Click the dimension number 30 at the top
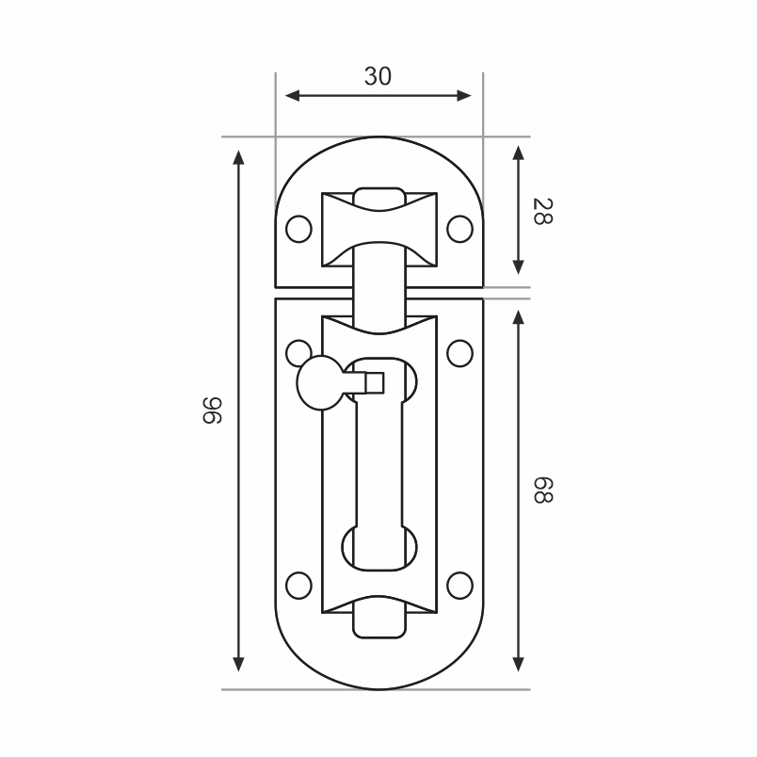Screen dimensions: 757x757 [x=378, y=77]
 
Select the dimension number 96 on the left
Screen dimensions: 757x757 [x=212, y=411]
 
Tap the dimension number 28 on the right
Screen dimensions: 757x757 [x=542, y=212]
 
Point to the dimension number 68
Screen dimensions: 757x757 [x=542, y=490]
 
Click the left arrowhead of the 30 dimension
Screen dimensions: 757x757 [x=292, y=96]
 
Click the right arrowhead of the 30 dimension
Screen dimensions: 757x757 [x=464, y=96]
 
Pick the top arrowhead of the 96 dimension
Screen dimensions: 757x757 [x=238, y=157]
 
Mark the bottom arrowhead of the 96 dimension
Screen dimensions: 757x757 [x=238, y=665]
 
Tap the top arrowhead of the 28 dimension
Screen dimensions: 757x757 [x=518, y=153]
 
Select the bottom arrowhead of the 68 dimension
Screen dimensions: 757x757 [x=518, y=665]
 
